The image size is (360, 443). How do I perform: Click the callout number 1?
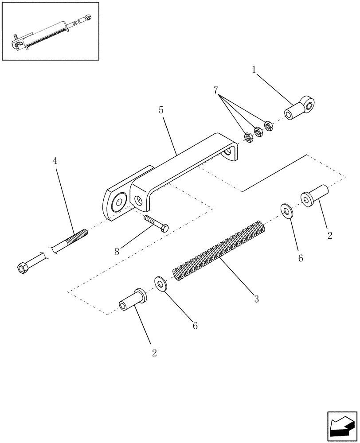(254, 70)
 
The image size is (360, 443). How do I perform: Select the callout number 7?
(216, 90)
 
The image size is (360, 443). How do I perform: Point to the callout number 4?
(55, 161)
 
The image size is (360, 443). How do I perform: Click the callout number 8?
(117, 252)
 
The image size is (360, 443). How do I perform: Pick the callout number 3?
(256, 299)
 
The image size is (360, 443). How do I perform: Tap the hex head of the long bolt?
(22, 268)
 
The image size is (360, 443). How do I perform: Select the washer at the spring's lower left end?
(160, 284)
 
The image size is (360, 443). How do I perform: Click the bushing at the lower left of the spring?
(131, 301)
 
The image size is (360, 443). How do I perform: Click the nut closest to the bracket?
(249, 138)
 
